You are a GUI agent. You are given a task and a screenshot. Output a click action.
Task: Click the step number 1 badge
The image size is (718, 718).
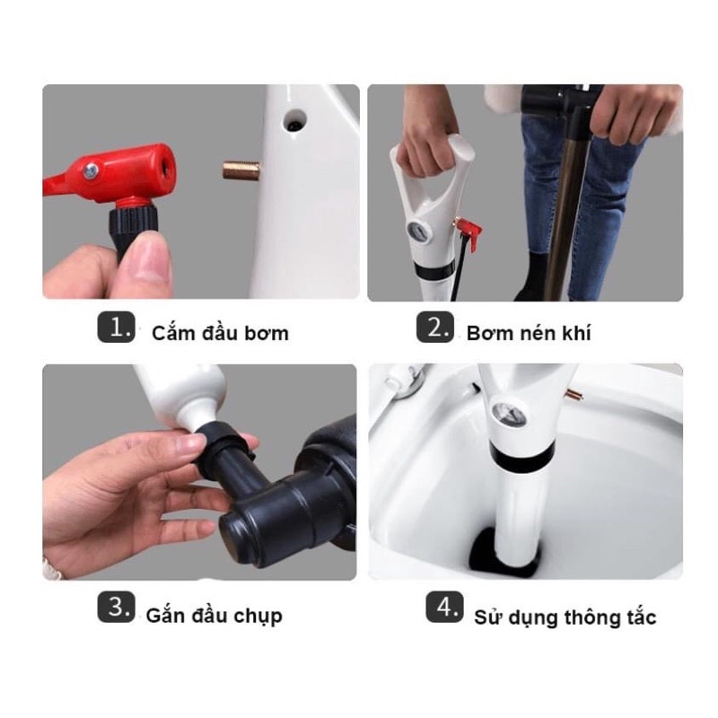click(117, 327)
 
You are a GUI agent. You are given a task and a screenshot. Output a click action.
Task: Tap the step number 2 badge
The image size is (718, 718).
click(435, 327)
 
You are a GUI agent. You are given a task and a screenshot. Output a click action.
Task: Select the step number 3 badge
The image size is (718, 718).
click(117, 607)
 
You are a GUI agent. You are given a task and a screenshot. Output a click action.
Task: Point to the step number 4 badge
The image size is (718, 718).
click(444, 607)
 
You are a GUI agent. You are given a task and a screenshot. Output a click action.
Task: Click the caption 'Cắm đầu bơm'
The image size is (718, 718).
click(220, 333)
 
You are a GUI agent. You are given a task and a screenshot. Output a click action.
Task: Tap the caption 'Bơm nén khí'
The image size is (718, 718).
click(529, 333)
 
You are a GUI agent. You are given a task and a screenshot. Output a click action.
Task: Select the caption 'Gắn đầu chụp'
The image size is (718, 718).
click(214, 616)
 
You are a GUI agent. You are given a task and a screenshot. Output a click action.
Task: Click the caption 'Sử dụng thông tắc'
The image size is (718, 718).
click(565, 617)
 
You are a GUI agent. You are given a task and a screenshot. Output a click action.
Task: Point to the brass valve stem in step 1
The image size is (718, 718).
click(241, 170)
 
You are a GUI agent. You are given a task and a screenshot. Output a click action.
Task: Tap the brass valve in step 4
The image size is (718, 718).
click(574, 393)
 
